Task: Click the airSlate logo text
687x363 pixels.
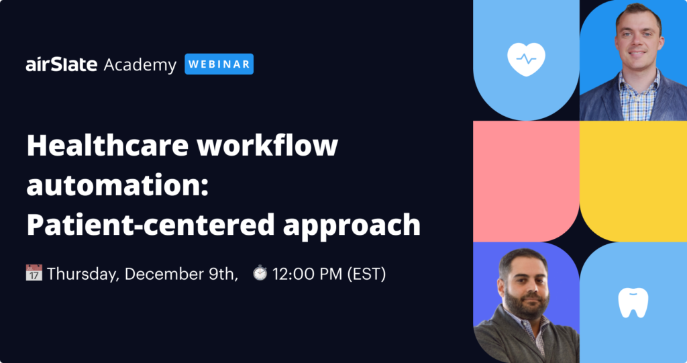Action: (x=61, y=64)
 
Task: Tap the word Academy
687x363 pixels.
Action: (x=140, y=65)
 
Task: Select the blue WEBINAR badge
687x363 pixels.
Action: (x=219, y=64)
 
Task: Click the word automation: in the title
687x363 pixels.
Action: (x=117, y=185)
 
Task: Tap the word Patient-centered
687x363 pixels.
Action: (x=150, y=225)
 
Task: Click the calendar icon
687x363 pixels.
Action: (x=34, y=272)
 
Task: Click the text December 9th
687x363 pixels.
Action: (x=180, y=274)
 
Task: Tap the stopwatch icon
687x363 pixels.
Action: (x=260, y=272)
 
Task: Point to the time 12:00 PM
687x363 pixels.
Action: (x=307, y=274)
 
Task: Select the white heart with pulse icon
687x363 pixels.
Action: (x=526, y=59)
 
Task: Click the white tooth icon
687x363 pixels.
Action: (x=633, y=303)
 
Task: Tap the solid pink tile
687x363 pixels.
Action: (x=526, y=181)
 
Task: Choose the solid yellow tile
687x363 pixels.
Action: (x=633, y=181)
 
